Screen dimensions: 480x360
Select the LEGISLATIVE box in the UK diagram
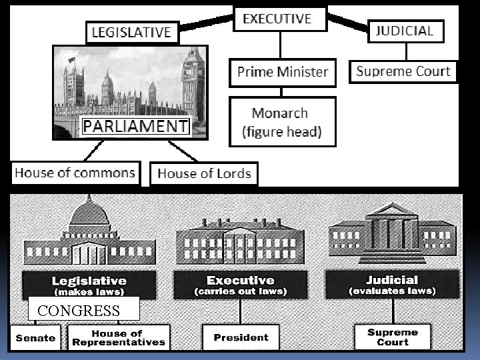tap(131, 33)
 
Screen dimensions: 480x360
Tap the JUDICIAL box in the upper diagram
tap(405, 31)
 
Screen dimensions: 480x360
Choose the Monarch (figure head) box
tap(282, 122)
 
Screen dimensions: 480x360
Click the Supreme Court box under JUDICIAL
tap(403, 72)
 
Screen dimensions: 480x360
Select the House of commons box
tap(75, 173)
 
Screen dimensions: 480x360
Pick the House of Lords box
tap(204, 174)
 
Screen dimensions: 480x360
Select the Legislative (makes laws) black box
tap(89, 285)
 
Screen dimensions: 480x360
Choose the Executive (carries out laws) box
tap(240, 285)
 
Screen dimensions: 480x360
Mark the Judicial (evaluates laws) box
tap(392, 285)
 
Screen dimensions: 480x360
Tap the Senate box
tap(35, 337)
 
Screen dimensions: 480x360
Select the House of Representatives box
tap(117, 337)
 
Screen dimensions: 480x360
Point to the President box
tap(241, 337)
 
